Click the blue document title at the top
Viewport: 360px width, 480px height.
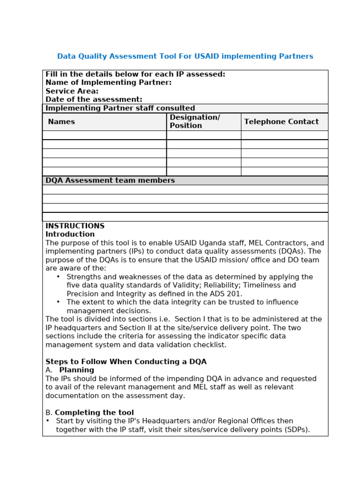click(185, 56)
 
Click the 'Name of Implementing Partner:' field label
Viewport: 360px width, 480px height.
click(108, 82)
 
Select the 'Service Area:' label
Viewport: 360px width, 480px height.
click(72, 91)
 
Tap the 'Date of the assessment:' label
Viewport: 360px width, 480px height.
click(94, 100)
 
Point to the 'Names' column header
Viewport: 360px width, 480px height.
click(61, 122)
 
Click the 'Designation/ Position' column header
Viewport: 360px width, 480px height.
click(195, 122)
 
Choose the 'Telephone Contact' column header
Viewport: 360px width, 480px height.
click(281, 122)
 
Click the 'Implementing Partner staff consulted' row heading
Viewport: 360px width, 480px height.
click(120, 108)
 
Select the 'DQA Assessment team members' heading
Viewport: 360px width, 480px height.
click(110, 180)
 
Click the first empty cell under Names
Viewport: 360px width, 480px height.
click(104, 135)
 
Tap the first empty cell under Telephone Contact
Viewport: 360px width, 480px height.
click(284, 135)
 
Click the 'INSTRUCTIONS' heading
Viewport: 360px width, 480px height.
click(75, 226)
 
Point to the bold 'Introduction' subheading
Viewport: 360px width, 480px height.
click(70, 234)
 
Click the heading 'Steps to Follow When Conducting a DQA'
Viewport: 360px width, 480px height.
click(126, 362)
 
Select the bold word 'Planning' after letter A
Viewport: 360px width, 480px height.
click(76, 370)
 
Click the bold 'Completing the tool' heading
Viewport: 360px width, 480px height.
click(94, 413)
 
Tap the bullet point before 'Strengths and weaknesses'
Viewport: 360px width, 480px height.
click(58, 277)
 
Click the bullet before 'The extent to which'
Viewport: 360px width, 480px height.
click(58, 302)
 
